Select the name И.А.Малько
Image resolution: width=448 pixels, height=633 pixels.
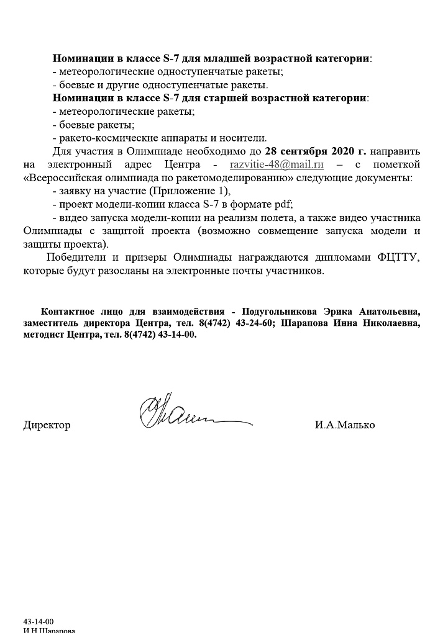coord(345,425)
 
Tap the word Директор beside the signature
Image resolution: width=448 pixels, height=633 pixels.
coord(47,425)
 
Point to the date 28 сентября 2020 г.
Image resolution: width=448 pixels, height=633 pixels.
coord(316,151)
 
